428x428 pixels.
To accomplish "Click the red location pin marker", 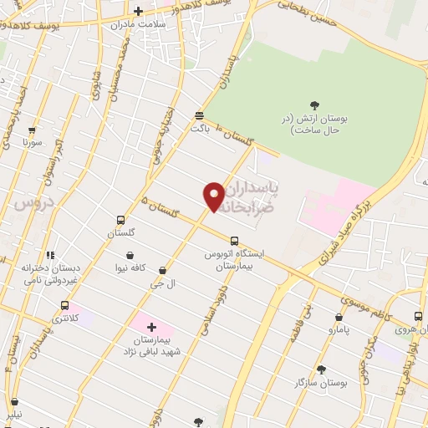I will [214, 196].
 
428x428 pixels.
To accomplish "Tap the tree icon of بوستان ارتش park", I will [314, 105].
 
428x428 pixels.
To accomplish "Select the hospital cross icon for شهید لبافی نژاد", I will [151, 327].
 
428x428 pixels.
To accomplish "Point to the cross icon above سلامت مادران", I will [139, 11].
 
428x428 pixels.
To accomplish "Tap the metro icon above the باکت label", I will [199, 115].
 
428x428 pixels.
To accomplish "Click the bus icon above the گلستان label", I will [121, 221].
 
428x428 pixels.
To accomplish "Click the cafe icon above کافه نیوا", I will [130, 255].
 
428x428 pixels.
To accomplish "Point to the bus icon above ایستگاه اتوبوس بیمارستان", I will [233, 241].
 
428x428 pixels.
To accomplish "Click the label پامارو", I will [339, 330].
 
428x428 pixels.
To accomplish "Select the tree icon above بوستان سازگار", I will [321, 369].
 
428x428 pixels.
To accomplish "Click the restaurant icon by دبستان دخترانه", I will [50, 255].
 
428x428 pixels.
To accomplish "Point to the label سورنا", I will [32, 143].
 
